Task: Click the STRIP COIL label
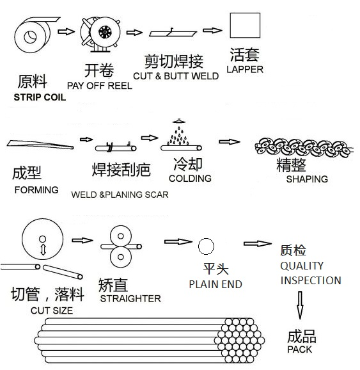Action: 44,98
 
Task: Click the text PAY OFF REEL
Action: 99,85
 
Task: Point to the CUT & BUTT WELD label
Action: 176,76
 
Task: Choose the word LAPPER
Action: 245,69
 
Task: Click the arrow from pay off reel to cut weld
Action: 134,32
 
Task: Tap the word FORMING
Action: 36,189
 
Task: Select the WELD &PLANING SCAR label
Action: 120,194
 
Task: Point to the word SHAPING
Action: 307,179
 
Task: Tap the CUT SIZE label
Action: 52,310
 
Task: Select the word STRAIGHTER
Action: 130,298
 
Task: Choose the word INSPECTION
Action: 311,280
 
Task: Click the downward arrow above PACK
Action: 300,306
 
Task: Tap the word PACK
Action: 300,350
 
